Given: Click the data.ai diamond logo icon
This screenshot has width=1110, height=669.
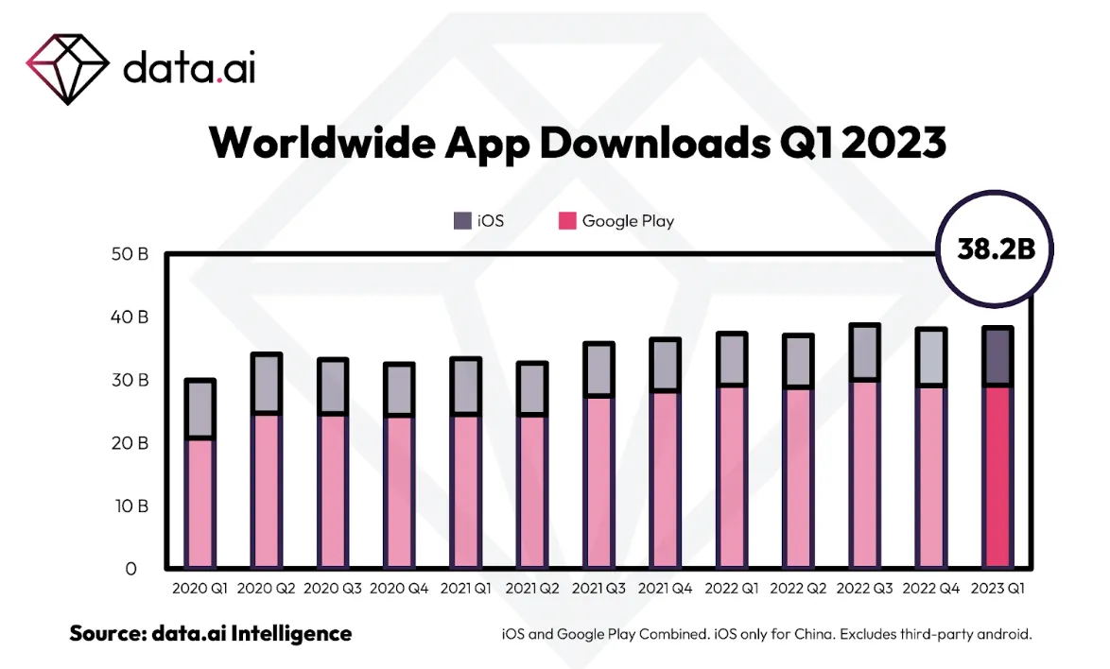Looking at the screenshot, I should [x=66, y=67].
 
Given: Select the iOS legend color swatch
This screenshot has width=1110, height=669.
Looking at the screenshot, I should [x=462, y=221].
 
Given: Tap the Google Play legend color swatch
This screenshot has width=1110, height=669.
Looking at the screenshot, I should [x=566, y=221].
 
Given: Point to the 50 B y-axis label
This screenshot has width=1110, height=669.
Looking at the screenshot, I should [x=130, y=254].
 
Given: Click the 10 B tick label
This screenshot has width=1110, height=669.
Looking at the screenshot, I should [x=130, y=506].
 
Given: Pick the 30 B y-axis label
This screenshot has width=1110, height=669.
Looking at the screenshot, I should [x=130, y=380].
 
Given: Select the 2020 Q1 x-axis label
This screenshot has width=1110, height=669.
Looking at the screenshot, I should [x=199, y=588].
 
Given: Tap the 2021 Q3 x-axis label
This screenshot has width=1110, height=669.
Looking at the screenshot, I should [x=599, y=588].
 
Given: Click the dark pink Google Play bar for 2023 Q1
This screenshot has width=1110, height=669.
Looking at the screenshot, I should [x=997, y=477].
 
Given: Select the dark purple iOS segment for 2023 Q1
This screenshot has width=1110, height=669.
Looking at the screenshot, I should [x=997, y=356].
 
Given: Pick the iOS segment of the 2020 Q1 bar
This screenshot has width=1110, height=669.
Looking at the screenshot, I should [x=199, y=408].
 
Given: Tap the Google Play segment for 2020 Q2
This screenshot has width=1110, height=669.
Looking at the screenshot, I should [x=266, y=490].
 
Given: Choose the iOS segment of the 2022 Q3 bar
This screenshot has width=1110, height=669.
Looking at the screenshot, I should [x=865, y=352].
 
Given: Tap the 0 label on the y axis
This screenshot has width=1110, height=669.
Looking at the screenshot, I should [x=131, y=569].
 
